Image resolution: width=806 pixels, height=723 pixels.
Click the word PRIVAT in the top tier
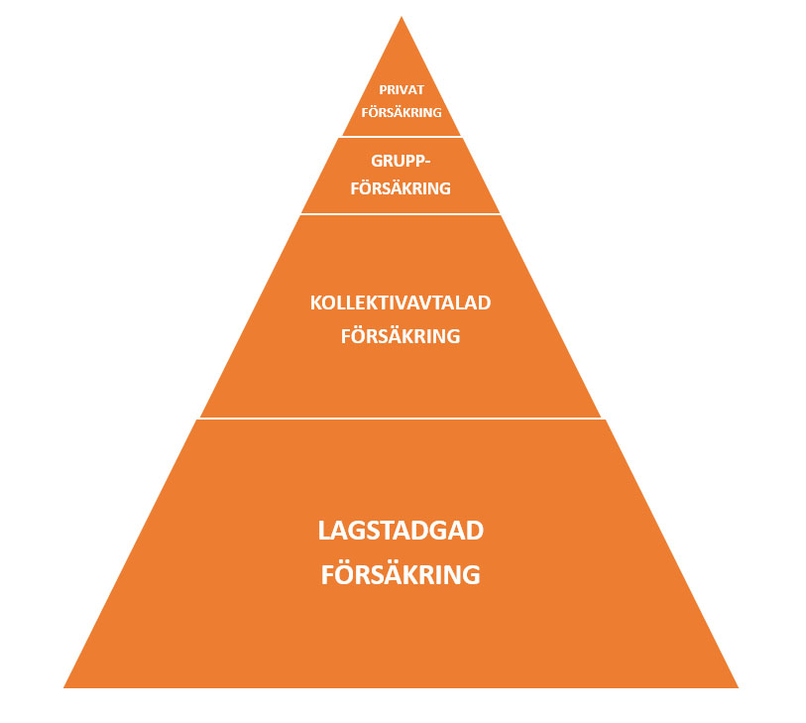point(402,90)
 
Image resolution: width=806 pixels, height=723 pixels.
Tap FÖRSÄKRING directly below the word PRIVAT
point(402,112)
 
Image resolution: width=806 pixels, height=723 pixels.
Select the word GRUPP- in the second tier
point(401,161)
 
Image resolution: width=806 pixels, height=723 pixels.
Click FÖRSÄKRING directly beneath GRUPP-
point(401,187)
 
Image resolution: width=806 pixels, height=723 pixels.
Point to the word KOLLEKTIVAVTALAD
point(401,302)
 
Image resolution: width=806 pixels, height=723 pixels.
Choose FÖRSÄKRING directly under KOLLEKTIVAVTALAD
point(401,335)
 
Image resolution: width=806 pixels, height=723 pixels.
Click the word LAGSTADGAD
point(401,531)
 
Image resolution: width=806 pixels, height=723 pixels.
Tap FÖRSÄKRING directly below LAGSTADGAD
point(401,574)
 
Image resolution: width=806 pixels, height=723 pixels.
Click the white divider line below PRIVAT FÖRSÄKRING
point(402,137)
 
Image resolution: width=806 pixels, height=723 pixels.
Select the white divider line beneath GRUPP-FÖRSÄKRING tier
point(401,214)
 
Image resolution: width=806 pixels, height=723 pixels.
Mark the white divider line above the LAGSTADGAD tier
point(401,419)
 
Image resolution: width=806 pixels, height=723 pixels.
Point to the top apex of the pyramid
point(402,17)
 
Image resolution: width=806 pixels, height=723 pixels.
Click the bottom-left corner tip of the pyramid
point(63,687)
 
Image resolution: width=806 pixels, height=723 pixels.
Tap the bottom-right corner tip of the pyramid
point(739,687)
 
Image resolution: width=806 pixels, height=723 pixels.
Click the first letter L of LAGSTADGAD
point(324,531)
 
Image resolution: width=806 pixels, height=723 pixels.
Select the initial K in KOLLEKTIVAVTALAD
point(316,302)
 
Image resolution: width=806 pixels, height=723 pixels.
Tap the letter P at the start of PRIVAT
point(384,90)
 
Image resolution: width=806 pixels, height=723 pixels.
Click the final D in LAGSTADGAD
point(476,531)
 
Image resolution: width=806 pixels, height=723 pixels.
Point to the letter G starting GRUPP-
point(378,161)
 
